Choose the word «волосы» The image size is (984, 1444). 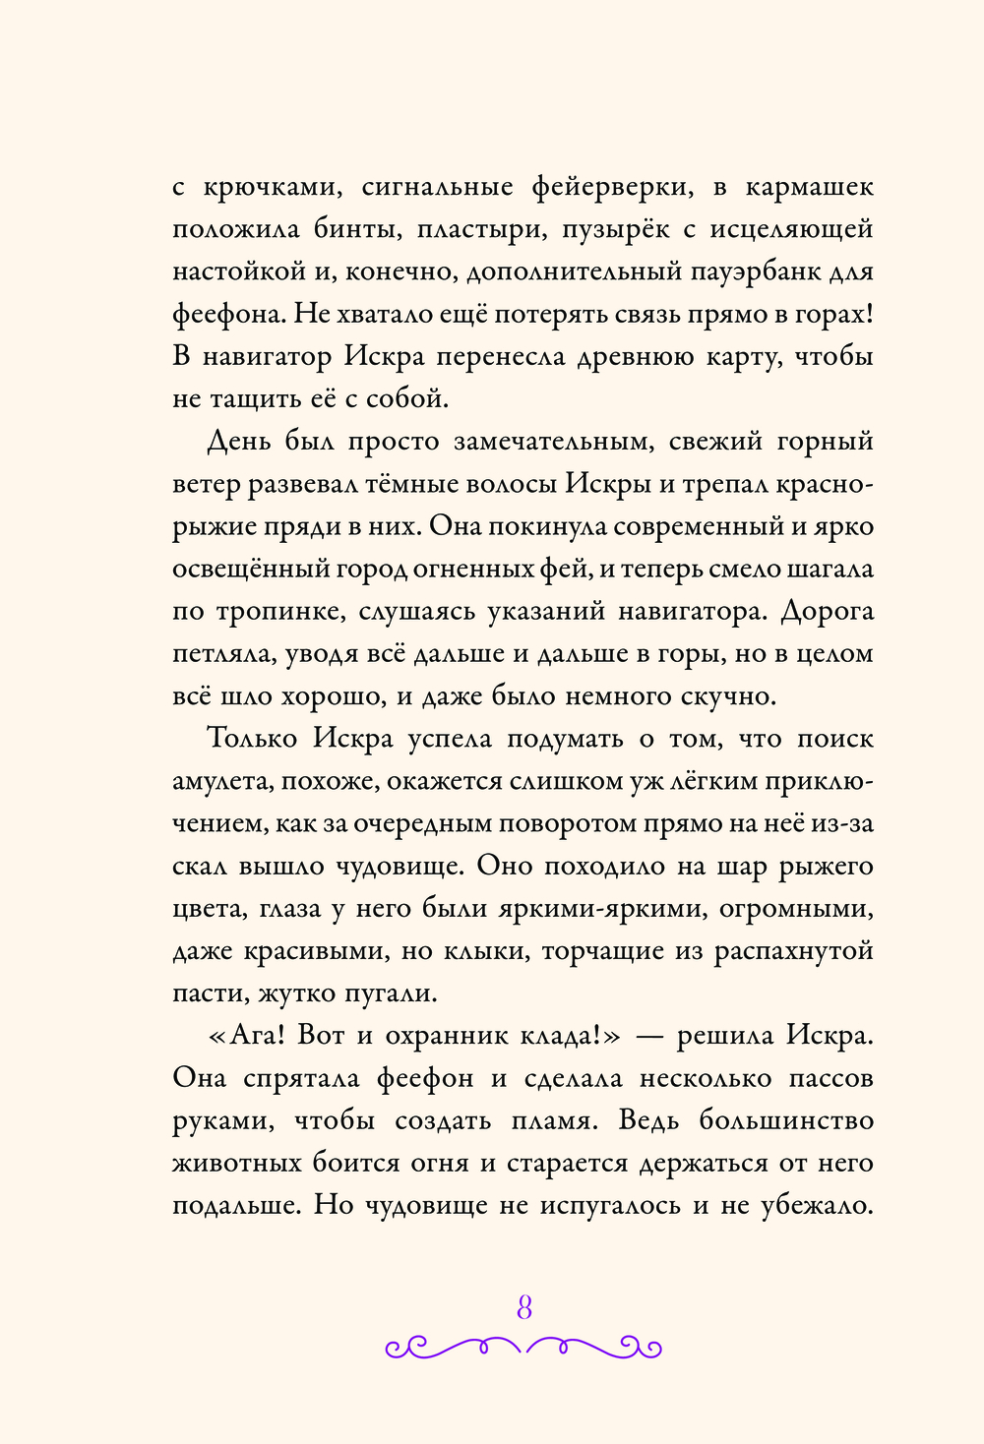coord(510,484)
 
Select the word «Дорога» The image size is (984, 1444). coord(828,611)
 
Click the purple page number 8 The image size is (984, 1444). coord(523,1308)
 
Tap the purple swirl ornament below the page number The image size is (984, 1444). coord(523,1347)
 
